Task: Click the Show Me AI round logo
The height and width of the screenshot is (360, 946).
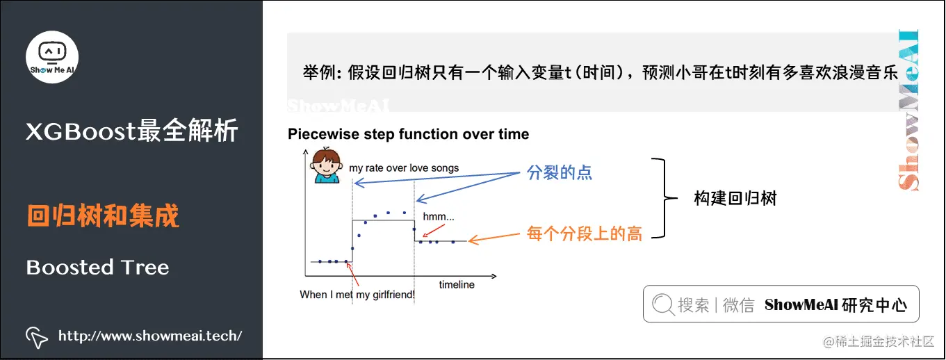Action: point(52,57)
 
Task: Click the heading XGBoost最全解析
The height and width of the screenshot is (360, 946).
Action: point(132,131)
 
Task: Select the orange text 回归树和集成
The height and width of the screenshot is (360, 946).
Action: point(103,216)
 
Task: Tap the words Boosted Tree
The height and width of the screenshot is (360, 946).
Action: point(97,267)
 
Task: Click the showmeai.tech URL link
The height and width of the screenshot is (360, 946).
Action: point(150,336)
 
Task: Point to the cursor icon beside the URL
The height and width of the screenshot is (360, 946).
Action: point(37,337)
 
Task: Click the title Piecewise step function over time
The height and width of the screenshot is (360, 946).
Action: point(408,134)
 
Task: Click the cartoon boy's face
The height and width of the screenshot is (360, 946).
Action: point(326,165)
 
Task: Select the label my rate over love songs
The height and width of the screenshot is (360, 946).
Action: point(404,168)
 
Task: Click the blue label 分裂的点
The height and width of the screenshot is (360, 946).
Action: point(559,172)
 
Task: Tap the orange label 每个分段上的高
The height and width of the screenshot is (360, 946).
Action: point(585,234)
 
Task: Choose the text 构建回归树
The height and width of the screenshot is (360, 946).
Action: point(735,198)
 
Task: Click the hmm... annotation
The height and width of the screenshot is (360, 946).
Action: point(439,217)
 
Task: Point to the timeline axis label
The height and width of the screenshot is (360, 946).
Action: point(457,285)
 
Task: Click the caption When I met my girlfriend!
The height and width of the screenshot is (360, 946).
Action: point(357,295)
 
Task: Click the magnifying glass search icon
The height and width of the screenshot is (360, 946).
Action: point(663,304)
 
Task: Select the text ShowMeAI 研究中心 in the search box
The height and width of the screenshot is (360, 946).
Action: point(835,304)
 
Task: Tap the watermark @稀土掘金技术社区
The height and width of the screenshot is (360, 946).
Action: point(879,341)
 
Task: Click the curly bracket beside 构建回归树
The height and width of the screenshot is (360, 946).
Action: point(665,198)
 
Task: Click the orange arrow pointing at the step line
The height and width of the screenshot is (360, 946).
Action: point(494,238)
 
